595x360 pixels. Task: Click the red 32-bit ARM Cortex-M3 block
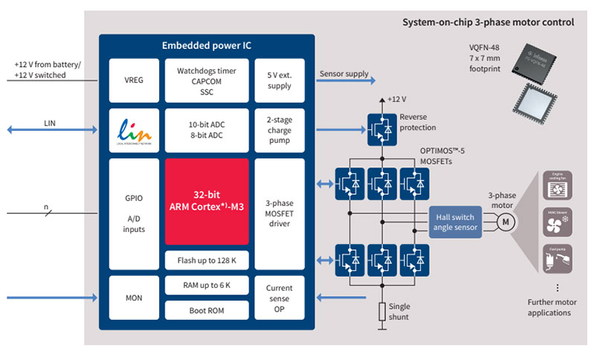(x=207, y=201)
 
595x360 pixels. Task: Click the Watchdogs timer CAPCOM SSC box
(x=207, y=80)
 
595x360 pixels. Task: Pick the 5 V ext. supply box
(x=280, y=80)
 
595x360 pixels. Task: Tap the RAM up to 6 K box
(x=207, y=286)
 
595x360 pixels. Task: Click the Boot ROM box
(x=207, y=310)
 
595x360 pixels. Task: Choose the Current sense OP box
(x=280, y=298)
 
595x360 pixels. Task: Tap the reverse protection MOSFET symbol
(x=381, y=128)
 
